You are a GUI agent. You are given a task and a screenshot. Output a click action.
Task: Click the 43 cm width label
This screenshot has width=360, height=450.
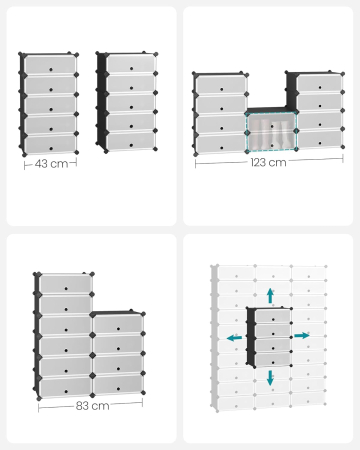coord(51,163)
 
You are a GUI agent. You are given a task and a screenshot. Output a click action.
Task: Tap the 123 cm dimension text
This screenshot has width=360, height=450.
coord(268,161)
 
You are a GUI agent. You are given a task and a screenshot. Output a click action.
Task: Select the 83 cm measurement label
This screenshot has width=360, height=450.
coord(93,406)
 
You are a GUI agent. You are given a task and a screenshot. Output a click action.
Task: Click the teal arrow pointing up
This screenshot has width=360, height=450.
coord(270,295)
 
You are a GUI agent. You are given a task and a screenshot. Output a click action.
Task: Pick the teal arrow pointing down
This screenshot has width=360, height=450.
coord(270,377)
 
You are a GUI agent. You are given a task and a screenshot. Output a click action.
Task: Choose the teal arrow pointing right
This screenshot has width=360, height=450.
coord(302,335)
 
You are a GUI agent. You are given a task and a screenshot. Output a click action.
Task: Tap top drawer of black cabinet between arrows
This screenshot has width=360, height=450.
coord(268,317)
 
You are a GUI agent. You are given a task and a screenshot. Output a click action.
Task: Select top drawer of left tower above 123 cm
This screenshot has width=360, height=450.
coord(219,85)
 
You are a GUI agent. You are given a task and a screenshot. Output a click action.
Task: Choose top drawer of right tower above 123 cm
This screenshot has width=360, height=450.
coord(313,82)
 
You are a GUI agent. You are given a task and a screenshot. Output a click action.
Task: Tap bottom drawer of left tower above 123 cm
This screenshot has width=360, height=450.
coord(219,142)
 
